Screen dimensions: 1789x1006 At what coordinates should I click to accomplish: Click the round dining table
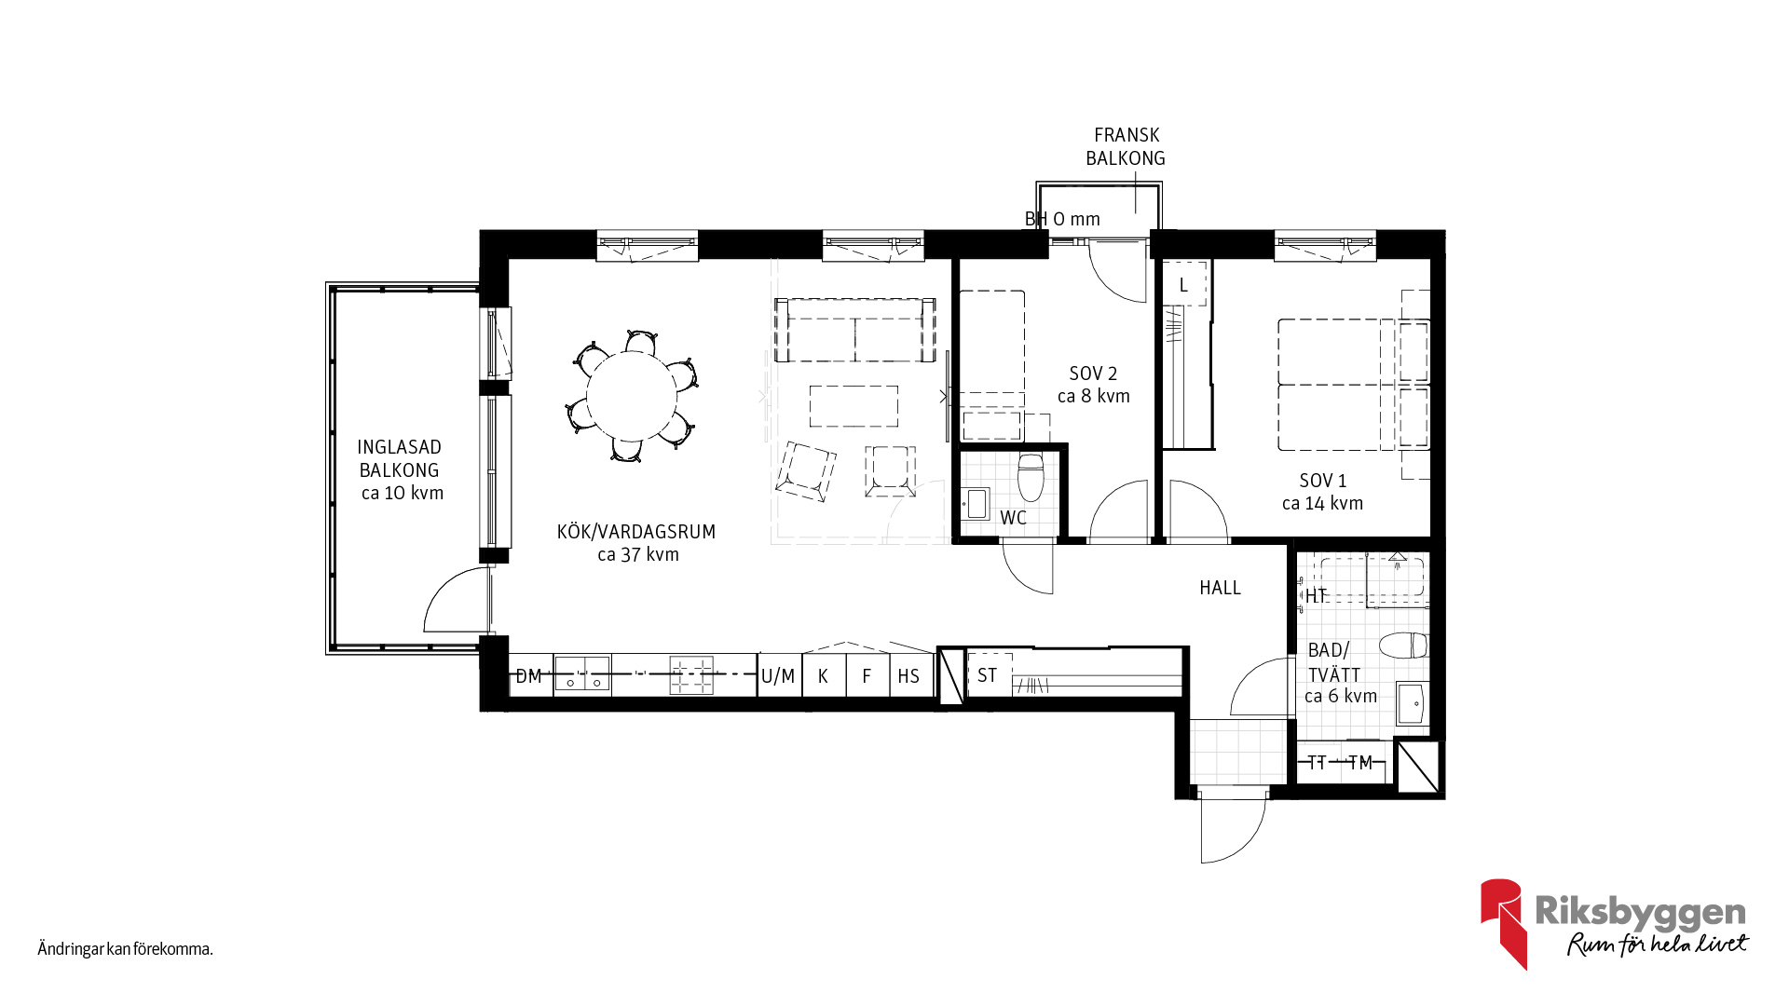631,395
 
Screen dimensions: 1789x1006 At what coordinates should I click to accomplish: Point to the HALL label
1220,588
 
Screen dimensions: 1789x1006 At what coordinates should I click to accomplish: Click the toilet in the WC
1031,477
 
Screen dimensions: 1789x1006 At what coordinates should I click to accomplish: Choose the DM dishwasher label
528,676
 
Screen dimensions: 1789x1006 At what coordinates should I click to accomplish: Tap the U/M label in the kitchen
778,676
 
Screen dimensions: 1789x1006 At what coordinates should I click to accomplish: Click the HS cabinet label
908,676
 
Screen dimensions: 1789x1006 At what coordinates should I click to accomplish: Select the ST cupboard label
988,675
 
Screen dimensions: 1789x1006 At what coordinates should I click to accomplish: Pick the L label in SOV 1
1183,285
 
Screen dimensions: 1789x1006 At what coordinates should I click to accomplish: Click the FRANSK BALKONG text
1126,147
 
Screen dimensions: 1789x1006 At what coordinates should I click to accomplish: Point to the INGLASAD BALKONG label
400,458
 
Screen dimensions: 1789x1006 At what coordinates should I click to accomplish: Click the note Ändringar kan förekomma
126,949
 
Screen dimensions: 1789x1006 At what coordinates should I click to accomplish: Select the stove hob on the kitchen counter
691,675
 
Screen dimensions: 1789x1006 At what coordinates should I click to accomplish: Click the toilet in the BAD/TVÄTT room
1403,646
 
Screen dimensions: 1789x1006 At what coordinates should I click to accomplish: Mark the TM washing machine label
1360,763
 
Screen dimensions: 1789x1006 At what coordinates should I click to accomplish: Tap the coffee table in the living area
854,406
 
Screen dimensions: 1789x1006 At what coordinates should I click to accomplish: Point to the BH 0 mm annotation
1062,219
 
